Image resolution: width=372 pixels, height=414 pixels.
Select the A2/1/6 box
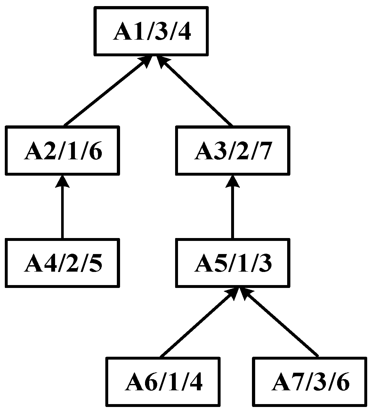(x=62, y=151)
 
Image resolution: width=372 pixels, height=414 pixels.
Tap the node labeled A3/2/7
(x=233, y=151)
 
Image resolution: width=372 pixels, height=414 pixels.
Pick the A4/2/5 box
(x=62, y=263)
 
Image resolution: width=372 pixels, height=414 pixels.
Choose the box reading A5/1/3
(x=233, y=263)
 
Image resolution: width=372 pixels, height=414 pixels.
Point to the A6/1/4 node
(x=163, y=382)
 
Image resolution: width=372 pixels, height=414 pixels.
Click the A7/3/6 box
(x=310, y=382)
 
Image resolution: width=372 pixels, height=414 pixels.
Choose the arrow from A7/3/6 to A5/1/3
(x=280, y=323)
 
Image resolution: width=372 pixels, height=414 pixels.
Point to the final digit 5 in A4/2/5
(x=95, y=264)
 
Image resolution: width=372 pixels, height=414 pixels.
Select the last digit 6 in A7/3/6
(x=342, y=382)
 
